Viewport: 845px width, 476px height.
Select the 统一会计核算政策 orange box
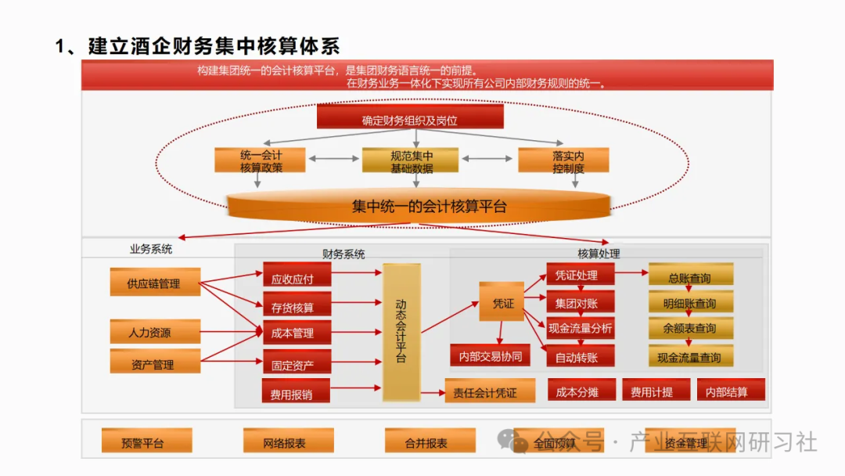coord(261,160)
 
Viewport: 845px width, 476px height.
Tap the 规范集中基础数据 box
coord(411,160)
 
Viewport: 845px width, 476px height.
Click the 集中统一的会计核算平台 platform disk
coord(418,206)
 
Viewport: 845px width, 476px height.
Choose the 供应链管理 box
coord(154,283)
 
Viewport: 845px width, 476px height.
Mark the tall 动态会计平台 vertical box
coord(401,332)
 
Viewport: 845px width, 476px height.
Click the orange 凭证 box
coord(502,302)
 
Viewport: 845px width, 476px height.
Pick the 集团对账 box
coord(580,302)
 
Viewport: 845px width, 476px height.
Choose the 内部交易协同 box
coord(490,355)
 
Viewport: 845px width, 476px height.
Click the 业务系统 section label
coord(151,250)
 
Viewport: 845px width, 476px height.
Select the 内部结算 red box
coord(726,391)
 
